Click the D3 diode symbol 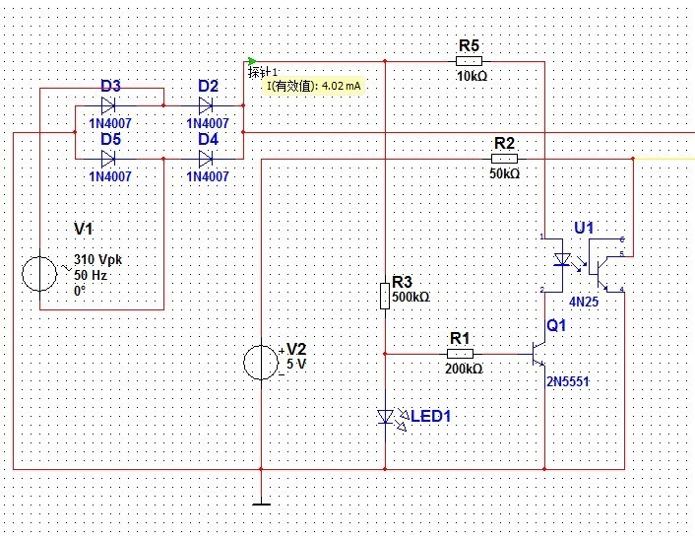(x=109, y=104)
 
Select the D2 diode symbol (x=207, y=104)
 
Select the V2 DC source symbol (x=261, y=362)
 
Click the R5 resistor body (x=470, y=61)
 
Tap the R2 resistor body (x=504, y=158)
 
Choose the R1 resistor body (x=461, y=353)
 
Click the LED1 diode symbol (x=387, y=417)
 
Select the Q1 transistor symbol (x=537, y=352)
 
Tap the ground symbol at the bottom (x=261, y=504)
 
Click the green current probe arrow (x=253, y=61)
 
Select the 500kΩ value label (x=411, y=297)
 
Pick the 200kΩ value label (x=462, y=370)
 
